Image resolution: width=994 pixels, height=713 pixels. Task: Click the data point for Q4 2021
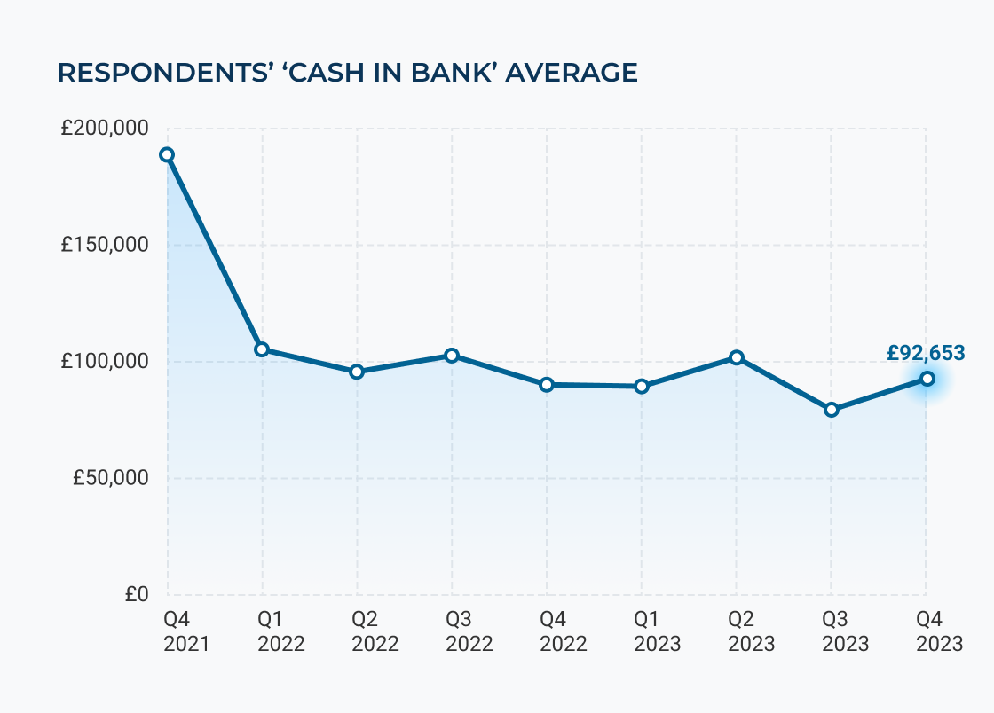[x=167, y=154]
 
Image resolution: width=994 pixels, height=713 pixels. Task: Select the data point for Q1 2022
[x=262, y=349]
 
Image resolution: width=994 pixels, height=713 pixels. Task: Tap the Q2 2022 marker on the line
[x=357, y=372]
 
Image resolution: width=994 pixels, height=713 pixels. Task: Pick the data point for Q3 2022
[x=452, y=356]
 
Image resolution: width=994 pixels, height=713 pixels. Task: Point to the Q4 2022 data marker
[x=547, y=385]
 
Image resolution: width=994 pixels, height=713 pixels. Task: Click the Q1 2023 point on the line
[x=642, y=387]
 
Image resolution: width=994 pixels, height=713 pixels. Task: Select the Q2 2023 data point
[x=737, y=357]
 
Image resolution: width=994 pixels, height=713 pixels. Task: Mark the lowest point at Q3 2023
[x=832, y=410]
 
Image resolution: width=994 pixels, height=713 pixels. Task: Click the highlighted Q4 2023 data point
[x=927, y=379]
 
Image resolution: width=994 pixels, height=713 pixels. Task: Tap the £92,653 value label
[x=926, y=353]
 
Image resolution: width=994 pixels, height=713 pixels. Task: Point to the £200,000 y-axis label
[x=104, y=129]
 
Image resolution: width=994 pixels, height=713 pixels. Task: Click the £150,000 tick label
[x=104, y=246]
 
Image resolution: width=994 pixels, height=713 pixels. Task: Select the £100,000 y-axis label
[x=104, y=362]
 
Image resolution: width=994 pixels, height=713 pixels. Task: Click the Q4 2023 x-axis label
[x=939, y=631]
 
